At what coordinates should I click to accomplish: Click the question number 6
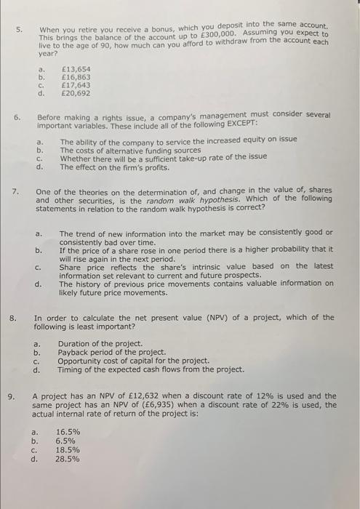[17, 116]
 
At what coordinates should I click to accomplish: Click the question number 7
[15, 191]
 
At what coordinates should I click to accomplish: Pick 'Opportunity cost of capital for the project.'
[134, 361]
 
